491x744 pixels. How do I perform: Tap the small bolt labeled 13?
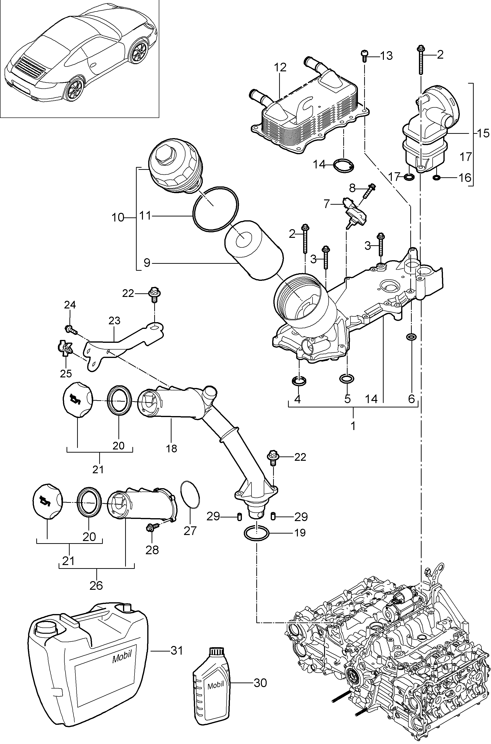[364, 56]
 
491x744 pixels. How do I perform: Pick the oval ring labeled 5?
[347, 379]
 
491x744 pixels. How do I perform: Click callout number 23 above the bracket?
[114, 321]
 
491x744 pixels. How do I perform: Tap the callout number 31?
[176, 651]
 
